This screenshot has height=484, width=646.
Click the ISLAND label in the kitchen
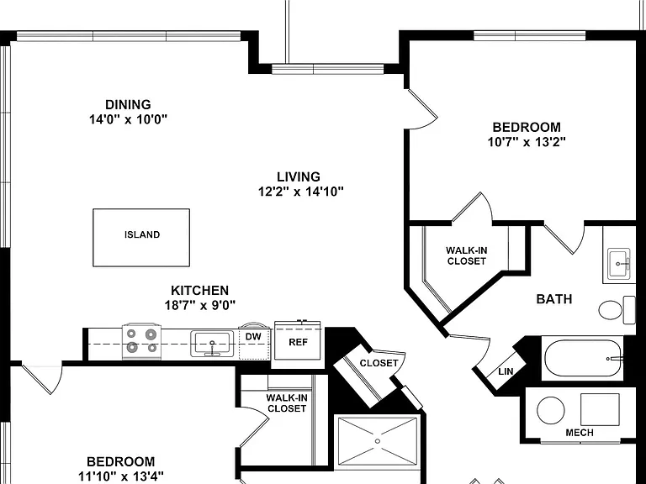(142, 234)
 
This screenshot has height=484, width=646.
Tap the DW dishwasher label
(253, 337)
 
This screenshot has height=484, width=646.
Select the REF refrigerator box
(298, 341)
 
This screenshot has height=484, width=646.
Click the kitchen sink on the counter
(212, 343)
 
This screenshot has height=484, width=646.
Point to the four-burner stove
(141, 341)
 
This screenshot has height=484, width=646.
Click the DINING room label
(128, 104)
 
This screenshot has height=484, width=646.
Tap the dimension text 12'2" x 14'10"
(301, 192)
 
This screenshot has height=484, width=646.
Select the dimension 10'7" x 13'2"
(527, 142)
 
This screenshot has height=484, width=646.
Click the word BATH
(554, 299)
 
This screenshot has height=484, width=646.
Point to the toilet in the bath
(617, 309)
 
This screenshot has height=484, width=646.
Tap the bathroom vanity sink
(619, 263)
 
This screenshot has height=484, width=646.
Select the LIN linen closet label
(506, 371)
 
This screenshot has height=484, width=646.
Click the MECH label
(580, 433)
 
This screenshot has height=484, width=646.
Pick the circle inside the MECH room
(551, 411)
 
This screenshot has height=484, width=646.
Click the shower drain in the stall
(378, 441)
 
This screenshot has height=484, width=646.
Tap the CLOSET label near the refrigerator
(379, 363)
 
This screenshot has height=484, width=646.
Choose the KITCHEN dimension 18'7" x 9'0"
(200, 305)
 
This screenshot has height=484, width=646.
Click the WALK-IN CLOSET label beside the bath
(466, 255)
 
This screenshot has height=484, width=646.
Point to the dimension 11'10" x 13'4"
(121, 476)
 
